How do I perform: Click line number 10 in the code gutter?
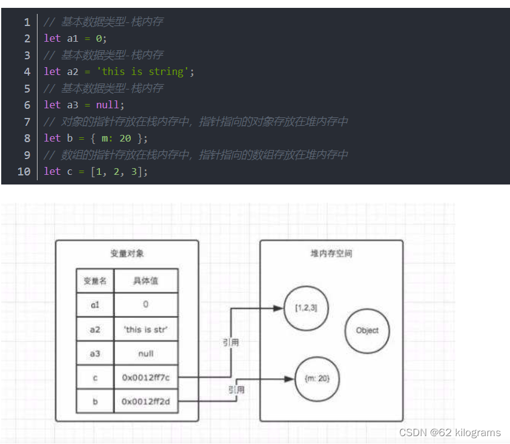(24, 171)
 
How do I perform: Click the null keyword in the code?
(108, 105)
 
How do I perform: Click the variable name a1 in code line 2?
(73, 38)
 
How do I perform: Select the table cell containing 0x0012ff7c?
(146, 377)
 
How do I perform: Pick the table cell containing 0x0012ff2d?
(146, 401)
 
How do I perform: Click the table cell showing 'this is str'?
(146, 330)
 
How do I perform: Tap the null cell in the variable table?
(146, 353)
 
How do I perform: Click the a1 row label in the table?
(95, 305)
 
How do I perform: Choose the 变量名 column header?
(95, 281)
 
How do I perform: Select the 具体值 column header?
(146, 281)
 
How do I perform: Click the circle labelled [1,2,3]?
(306, 308)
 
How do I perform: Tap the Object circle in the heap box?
(367, 330)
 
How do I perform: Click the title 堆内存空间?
(331, 253)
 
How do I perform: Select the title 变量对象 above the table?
(127, 253)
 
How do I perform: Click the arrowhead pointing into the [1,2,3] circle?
(279, 308)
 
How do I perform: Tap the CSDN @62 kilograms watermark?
(449, 432)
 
